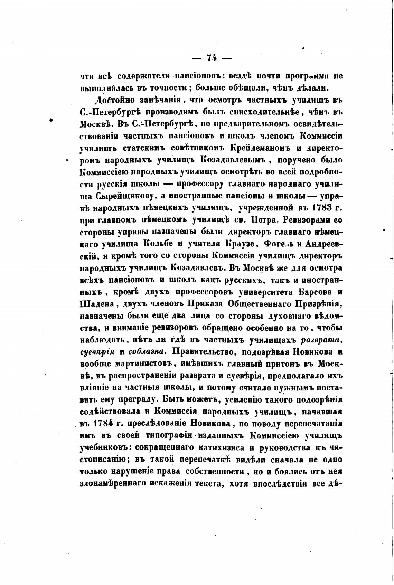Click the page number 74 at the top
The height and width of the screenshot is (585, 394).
[211, 58]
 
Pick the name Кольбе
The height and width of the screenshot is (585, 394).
[160, 244]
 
